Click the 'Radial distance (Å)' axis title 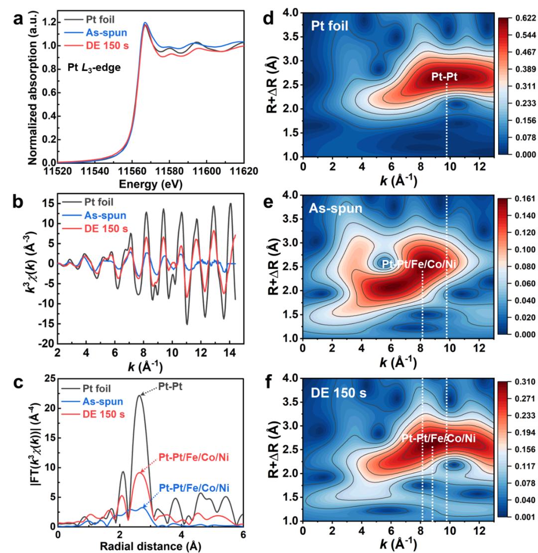(150, 546)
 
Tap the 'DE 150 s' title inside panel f (337, 393)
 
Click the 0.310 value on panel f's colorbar (521, 382)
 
